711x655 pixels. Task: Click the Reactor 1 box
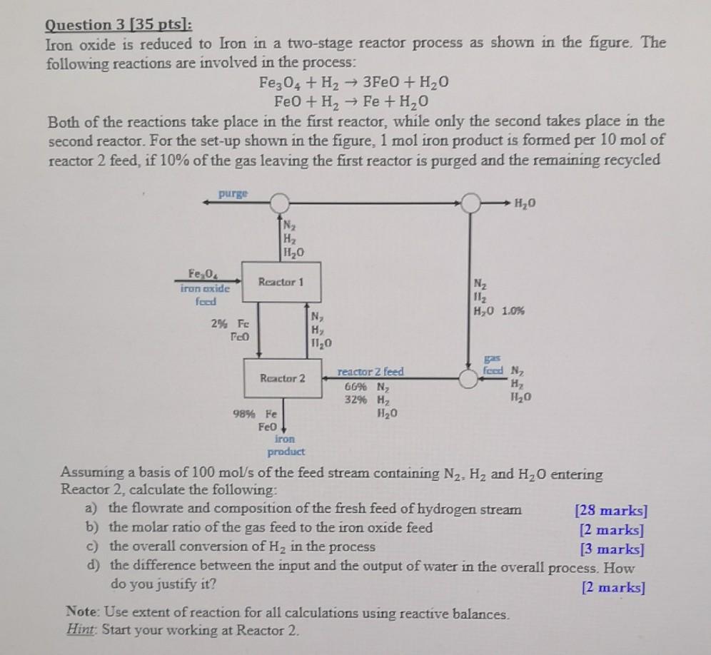(x=281, y=283)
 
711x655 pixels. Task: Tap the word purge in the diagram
(x=233, y=193)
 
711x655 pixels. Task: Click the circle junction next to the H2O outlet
(x=470, y=203)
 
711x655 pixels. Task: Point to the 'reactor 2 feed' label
(x=370, y=372)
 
